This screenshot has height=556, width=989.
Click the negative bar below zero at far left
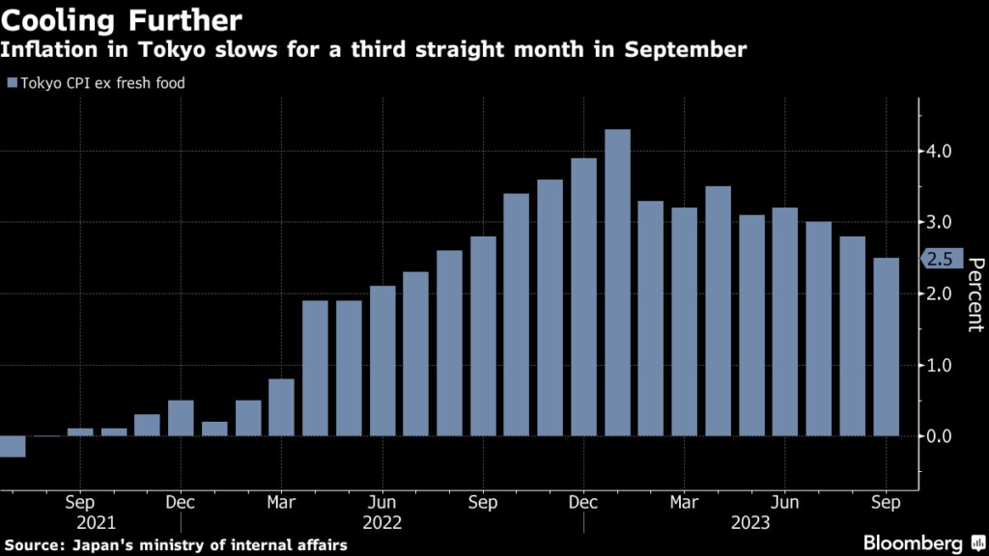tap(13, 446)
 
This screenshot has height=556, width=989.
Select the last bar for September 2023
tap(886, 347)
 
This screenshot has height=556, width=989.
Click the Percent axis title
tap(975, 294)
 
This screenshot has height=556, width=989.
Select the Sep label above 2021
tap(80, 502)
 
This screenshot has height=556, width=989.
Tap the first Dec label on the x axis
tap(181, 502)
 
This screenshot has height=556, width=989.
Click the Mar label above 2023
tap(685, 502)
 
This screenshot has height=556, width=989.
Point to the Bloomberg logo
tap(913, 543)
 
